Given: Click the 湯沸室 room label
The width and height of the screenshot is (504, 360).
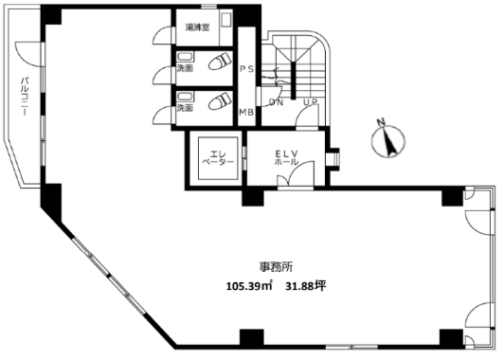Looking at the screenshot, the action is (x=197, y=27).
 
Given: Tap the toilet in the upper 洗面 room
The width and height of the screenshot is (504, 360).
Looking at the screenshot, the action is (x=220, y=61).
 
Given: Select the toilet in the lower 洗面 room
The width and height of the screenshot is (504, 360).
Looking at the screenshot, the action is (x=220, y=100).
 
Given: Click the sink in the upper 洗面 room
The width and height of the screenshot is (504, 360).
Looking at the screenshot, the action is (x=185, y=57).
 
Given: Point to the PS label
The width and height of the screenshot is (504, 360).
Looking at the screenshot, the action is (x=247, y=69).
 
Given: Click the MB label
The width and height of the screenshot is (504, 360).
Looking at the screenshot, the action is (x=246, y=112).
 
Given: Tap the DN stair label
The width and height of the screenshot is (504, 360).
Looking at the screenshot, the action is (x=276, y=102).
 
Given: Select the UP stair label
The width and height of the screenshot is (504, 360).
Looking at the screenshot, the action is (x=311, y=102).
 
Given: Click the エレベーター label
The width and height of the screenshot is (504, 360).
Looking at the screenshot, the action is (x=218, y=157).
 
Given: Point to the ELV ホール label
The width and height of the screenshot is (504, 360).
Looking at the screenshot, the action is (x=287, y=157).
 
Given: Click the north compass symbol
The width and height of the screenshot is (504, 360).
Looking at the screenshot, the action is (x=388, y=138).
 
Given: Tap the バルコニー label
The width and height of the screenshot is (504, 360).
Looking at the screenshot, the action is (x=24, y=96).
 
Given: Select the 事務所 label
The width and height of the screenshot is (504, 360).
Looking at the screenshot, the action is (x=276, y=266).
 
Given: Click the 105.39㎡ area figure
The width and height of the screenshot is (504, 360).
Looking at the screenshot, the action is (x=249, y=286).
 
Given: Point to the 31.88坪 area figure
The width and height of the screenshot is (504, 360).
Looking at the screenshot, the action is (x=306, y=286).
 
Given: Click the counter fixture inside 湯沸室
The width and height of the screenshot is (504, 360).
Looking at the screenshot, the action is (x=226, y=28).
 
